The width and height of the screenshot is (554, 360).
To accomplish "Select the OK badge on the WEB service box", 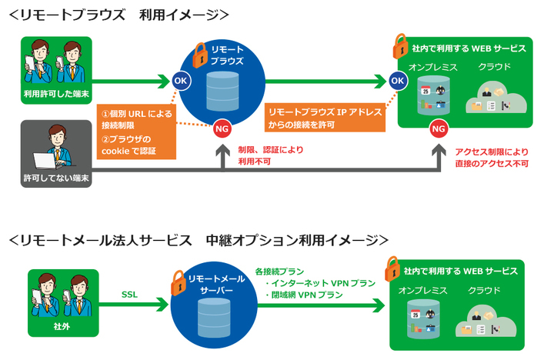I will point(397,80).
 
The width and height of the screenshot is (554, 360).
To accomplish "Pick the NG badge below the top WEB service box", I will point(438,128).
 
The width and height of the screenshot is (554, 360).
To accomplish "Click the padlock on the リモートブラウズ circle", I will point(199,54).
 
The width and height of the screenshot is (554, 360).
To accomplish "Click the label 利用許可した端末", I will point(56,94).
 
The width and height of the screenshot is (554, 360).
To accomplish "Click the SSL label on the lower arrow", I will point(129,293).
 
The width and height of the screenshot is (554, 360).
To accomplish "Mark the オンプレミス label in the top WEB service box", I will point(433,67).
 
